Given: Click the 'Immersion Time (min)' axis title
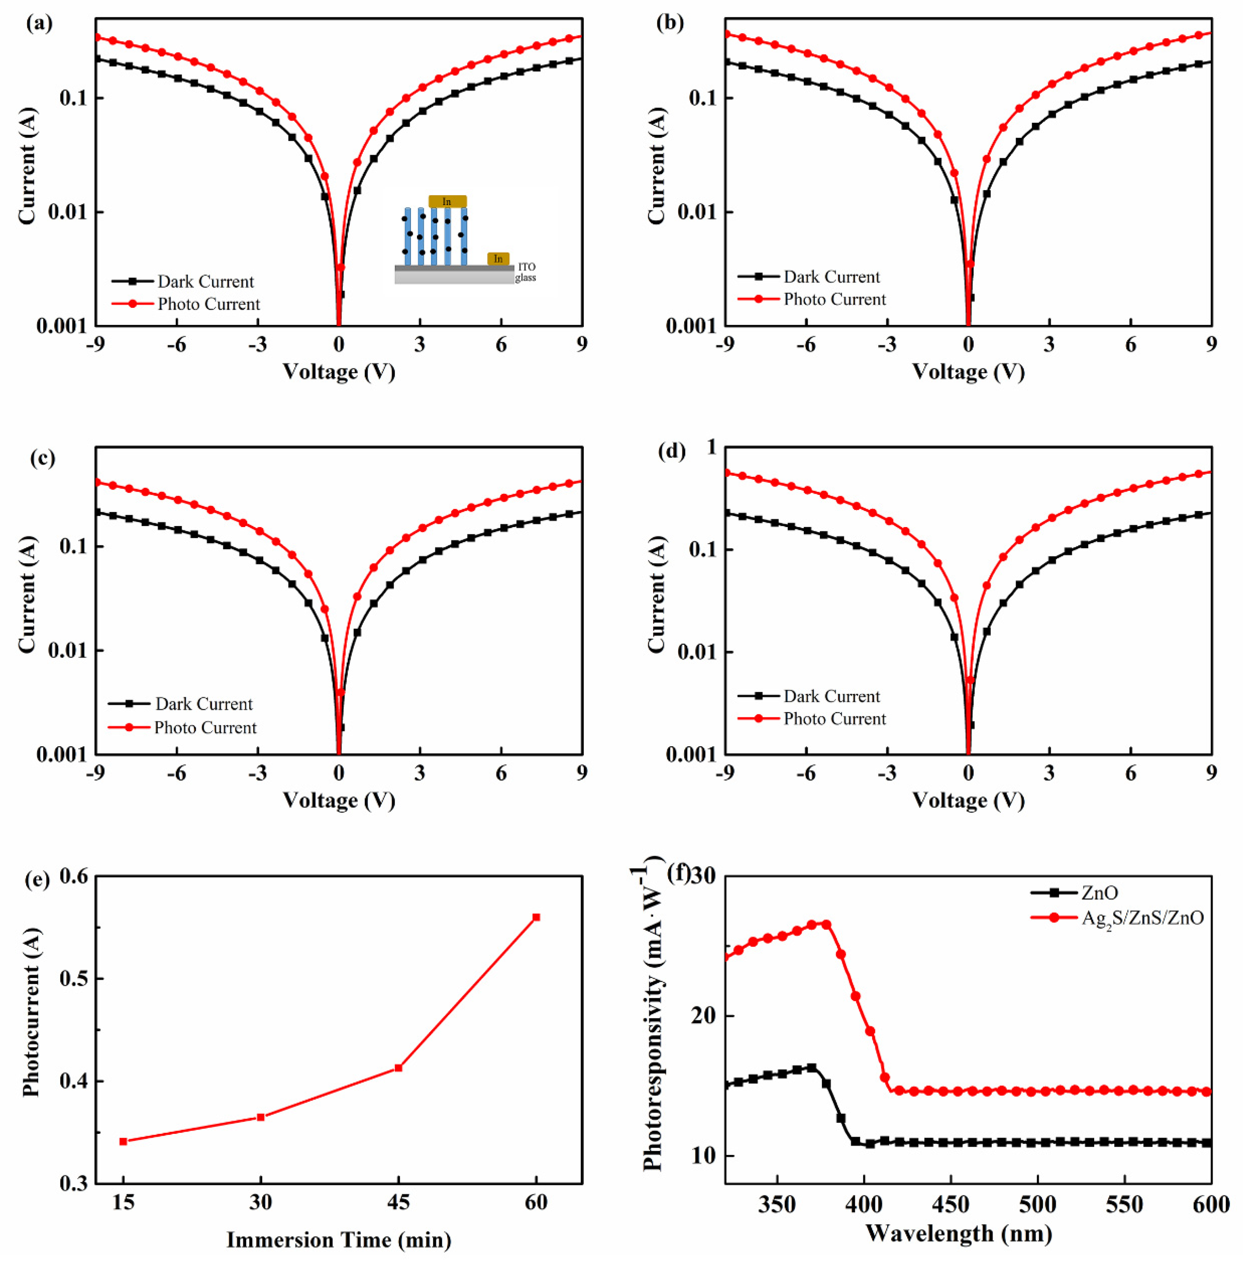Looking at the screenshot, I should point(339,1239).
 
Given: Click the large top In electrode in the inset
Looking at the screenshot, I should point(447,202).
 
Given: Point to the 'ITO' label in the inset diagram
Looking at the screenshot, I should point(526,267).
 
